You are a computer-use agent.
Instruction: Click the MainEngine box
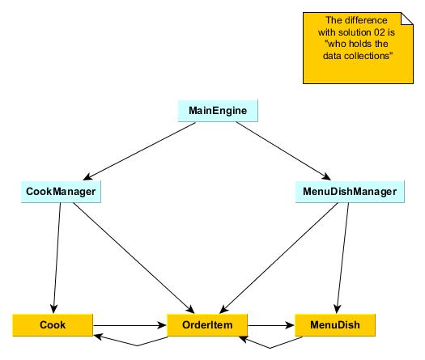pos(218,111)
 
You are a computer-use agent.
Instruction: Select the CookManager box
pos(61,192)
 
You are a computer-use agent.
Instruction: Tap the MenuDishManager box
pos(350,192)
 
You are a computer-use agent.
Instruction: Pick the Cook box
pos(53,325)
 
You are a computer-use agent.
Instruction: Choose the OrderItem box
pos(207,325)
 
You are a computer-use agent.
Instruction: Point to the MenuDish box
pos(335,325)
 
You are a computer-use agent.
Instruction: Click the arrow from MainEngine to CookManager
pos(139,151)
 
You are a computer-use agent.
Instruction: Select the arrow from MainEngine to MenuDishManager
pos(283,151)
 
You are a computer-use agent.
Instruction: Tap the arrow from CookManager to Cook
pos(57,258)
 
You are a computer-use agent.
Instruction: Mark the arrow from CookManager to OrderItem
pos(134,258)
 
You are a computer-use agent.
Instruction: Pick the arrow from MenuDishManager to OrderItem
pos(278,258)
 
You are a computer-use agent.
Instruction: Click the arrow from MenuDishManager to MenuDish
pos(342,258)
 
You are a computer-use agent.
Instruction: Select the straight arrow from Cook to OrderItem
pos(130,325)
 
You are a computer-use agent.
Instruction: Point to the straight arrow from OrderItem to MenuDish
pos(271,325)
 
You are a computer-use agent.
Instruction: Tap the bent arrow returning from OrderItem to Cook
pos(137,345)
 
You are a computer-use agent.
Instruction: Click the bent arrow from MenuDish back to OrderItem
pos(270,348)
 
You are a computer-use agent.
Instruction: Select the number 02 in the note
pos(380,32)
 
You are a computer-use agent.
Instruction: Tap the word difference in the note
pos(366,20)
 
